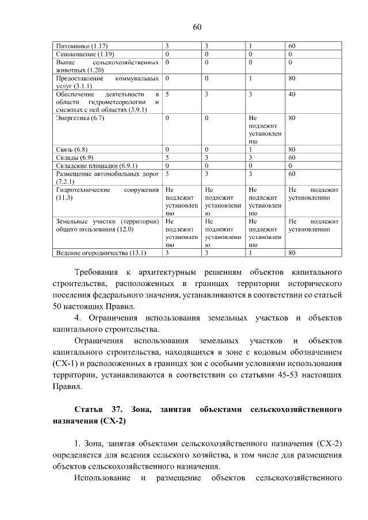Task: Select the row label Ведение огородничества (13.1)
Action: [x=101, y=252]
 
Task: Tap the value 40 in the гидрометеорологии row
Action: [x=292, y=94]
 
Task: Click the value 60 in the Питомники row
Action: [x=292, y=45]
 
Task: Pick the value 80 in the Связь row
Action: [x=292, y=149]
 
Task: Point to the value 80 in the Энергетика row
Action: [x=292, y=118]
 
